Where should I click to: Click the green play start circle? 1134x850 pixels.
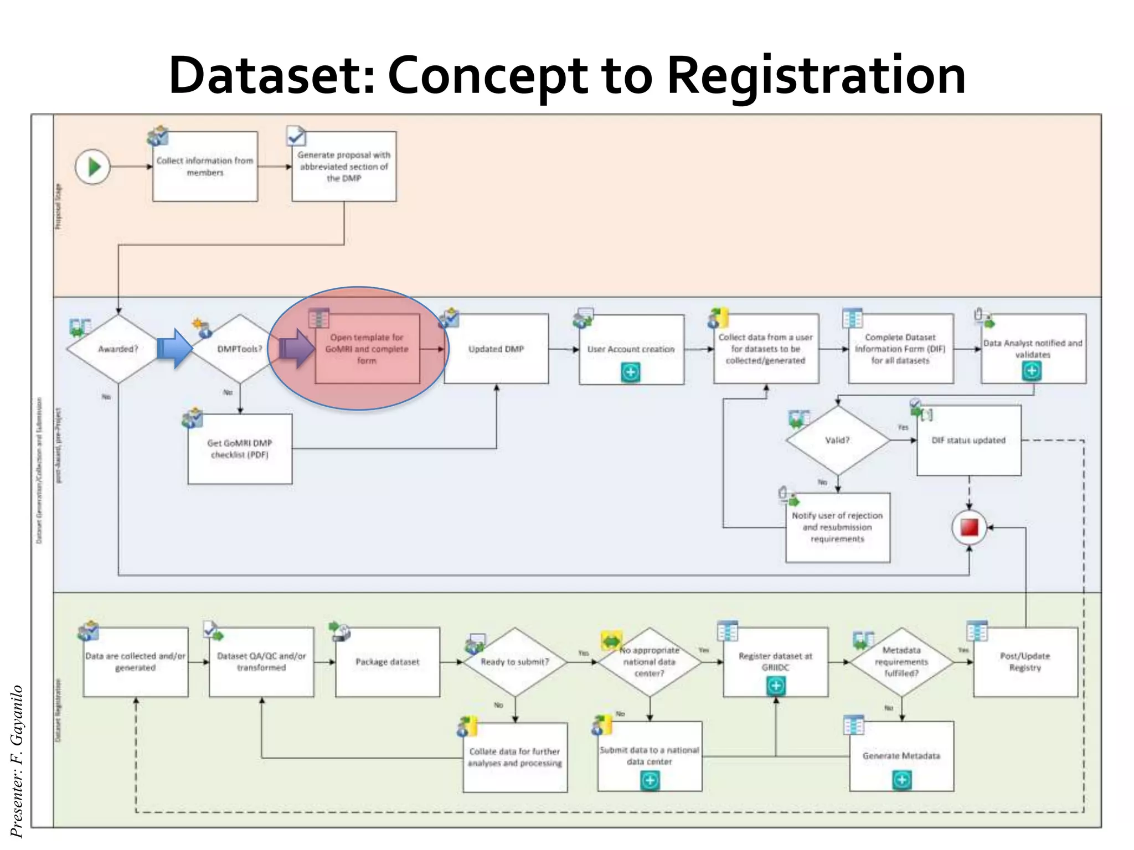[x=93, y=167]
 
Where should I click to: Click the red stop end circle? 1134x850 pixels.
[x=969, y=527]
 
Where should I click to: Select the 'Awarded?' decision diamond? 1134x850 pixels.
[x=118, y=349]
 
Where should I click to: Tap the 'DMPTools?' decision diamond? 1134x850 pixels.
[x=239, y=349]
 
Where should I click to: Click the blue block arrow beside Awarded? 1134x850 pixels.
[x=174, y=349]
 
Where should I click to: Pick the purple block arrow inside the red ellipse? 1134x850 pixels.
[x=296, y=349]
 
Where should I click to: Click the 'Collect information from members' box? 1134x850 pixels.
[x=205, y=167]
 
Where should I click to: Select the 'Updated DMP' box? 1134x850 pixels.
[x=496, y=349]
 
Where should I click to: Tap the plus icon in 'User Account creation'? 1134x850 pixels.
[x=631, y=372]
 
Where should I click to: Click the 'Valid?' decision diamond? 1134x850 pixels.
[x=837, y=440]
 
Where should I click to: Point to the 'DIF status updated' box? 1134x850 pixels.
[x=968, y=440]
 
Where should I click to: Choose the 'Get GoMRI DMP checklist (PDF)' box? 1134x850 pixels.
[x=240, y=449]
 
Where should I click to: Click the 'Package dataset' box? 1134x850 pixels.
[x=388, y=662]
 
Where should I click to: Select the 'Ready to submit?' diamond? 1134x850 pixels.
[x=515, y=662]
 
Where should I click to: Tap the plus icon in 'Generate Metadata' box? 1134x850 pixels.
[x=902, y=780]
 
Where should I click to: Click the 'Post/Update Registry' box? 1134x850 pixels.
[x=1025, y=662]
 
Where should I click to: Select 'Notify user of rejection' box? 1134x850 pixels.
[x=837, y=527]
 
